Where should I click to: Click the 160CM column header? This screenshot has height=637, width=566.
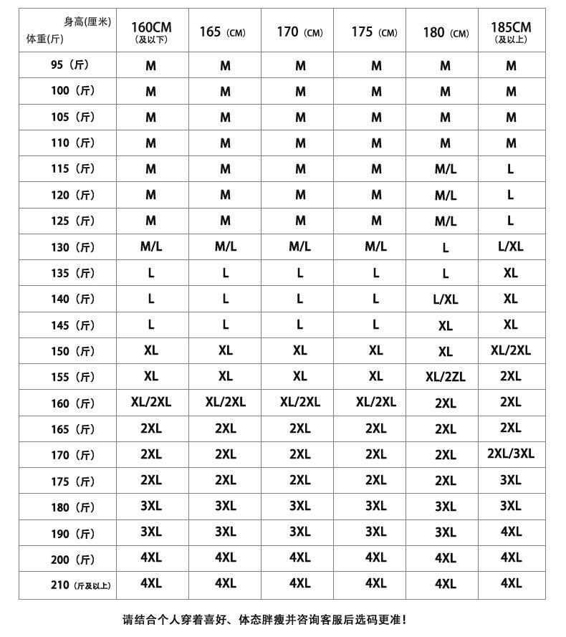click(151, 32)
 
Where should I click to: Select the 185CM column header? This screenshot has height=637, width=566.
click(511, 32)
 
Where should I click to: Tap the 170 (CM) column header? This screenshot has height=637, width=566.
click(299, 32)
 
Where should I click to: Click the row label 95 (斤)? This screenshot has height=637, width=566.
click(69, 65)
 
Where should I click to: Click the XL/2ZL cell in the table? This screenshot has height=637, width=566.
click(445, 377)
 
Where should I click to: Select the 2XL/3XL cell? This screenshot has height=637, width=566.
click(511, 454)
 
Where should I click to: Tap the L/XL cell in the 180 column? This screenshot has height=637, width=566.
click(445, 300)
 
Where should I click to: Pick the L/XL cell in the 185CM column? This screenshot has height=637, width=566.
click(511, 246)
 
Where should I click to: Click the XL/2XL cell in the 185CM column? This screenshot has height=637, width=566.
click(511, 350)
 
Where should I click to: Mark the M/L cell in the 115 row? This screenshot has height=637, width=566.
click(445, 169)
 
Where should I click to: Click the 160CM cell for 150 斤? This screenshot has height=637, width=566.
click(151, 350)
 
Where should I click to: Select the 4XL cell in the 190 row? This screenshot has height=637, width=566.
click(511, 532)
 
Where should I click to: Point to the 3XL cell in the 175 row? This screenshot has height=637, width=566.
click(511, 480)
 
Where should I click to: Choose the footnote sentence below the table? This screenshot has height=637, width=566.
click(264, 620)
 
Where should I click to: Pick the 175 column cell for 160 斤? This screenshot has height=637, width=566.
click(375, 402)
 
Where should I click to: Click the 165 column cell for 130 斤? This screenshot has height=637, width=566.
click(226, 246)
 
